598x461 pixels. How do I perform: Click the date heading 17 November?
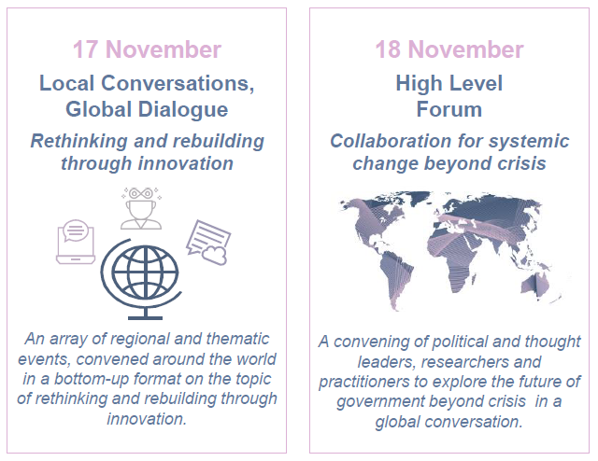pyautogui.click(x=147, y=49)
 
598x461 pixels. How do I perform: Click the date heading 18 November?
pyautogui.click(x=449, y=49)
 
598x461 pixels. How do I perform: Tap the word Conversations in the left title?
pyautogui.click(x=178, y=83)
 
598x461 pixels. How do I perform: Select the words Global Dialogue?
pyautogui.click(x=147, y=109)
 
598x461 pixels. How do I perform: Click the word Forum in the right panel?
pyautogui.click(x=449, y=109)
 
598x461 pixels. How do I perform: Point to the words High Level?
pyautogui.click(x=449, y=83)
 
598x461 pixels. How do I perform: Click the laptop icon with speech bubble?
pyautogui.click(x=76, y=242)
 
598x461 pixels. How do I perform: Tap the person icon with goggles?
pyautogui.click(x=141, y=208)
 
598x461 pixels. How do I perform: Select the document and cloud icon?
pyautogui.click(x=208, y=243)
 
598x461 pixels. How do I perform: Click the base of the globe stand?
pyautogui.click(x=146, y=317)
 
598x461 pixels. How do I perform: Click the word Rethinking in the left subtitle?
pyautogui.click(x=78, y=141)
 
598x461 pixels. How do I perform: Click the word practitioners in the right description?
pyautogui.click(x=363, y=382)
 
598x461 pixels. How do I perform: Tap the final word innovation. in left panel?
pyautogui.click(x=147, y=419)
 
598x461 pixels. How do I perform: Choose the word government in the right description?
pyautogui.click(x=380, y=402)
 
